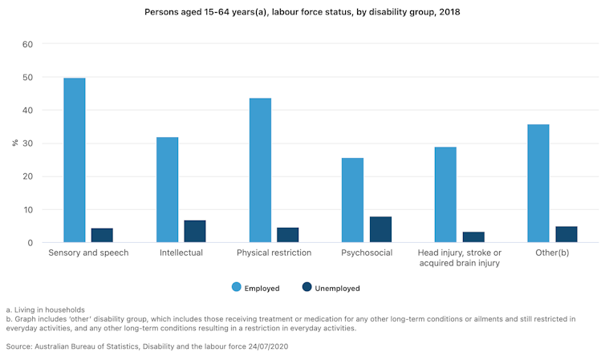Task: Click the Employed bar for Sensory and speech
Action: click(75, 160)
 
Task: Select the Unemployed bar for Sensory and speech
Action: click(102, 236)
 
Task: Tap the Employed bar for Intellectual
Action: click(167, 190)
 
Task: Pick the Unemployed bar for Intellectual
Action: click(195, 232)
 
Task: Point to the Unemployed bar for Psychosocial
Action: click(380, 229)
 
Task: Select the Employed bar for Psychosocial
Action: click(352, 200)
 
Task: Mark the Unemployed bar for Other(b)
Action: click(566, 234)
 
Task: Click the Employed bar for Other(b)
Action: click(538, 184)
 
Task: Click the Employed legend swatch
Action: click(237, 287)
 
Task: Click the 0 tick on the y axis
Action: click(30, 243)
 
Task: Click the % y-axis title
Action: click(14, 144)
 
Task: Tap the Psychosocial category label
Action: click(366, 253)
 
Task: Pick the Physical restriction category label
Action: click(273, 253)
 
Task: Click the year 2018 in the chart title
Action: click(449, 13)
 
